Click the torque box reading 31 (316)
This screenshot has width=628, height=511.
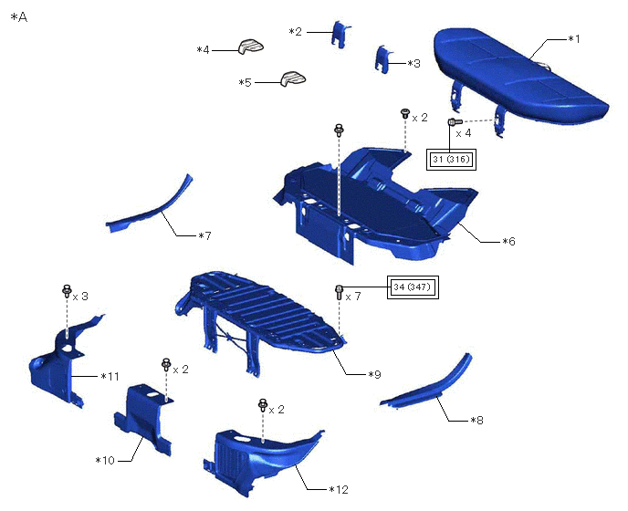click(451, 160)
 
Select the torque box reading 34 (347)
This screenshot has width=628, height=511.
click(413, 287)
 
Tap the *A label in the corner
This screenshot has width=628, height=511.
click(19, 17)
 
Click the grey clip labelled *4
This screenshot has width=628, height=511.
click(251, 47)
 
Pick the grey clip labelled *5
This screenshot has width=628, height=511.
click(293, 78)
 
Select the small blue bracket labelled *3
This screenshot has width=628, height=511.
click(383, 59)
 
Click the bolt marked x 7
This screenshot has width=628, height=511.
click(339, 292)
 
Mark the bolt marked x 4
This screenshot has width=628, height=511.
click(455, 121)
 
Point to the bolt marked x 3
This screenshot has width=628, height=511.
click(67, 291)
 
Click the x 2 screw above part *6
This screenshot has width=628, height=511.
click(405, 113)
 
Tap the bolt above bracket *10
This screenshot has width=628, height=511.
click(166, 364)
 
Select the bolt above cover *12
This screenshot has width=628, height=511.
click(263, 405)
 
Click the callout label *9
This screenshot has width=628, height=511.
click(374, 374)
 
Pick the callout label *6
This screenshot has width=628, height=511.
click(508, 241)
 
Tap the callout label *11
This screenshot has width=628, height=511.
click(110, 376)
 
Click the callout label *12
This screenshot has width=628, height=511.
click(339, 489)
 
